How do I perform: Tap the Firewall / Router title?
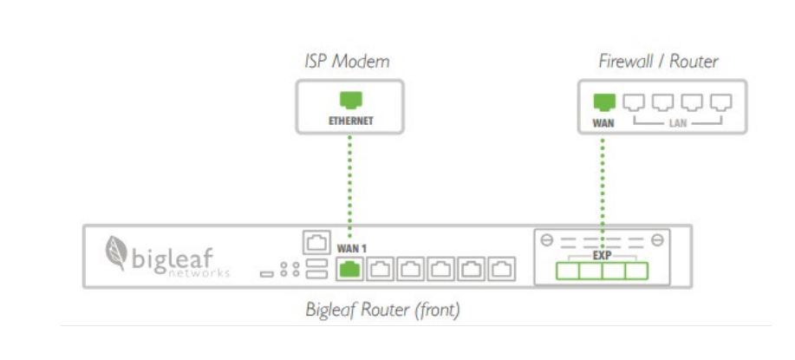coord(658,62)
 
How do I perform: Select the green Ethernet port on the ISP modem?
coord(350,100)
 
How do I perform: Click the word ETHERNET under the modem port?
coord(350,121)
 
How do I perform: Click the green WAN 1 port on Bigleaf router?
coord(350,270)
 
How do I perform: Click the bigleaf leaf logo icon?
coord(114,252)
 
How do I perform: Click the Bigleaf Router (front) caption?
coord(382,311)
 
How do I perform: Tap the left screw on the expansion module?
coord(547,239)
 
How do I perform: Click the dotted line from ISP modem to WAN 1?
coord(350,182)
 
